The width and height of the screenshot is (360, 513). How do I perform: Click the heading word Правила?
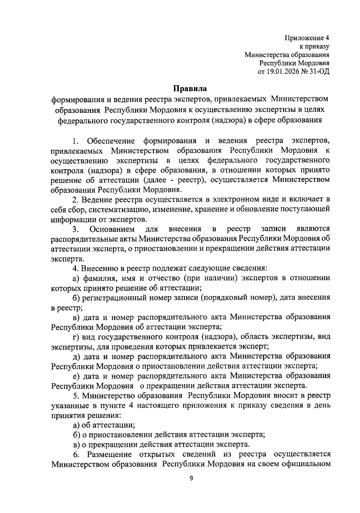(x=190, y=89)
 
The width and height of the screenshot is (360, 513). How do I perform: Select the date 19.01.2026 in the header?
(x=283, y=72)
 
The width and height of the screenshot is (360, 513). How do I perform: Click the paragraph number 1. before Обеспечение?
(x=76, y=141)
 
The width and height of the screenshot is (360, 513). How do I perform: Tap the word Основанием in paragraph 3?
(x=112, y=229)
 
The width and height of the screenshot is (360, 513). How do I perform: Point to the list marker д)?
(x=76, y=356)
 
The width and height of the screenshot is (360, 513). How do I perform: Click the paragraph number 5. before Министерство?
(x=76, y=396)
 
